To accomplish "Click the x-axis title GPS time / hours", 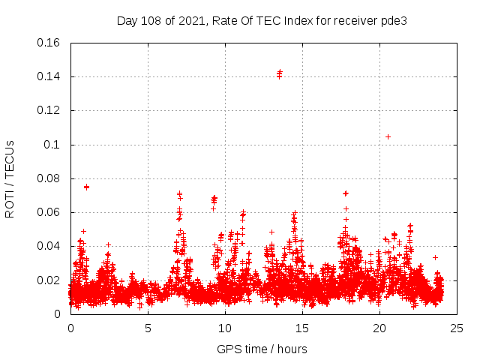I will pyautogui.click(x=262, y=349).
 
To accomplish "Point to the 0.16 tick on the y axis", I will pyautogui.click(x=50, y=43).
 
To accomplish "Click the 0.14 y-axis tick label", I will pyautogui.click(x=50, y=76).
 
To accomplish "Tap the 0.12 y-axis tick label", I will pyautogui.click(x=50, y=110).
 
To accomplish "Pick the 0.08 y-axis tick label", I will pyautogui.click(x=50, y=178).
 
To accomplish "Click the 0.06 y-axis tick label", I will pyautogui.click(x=50, y=212).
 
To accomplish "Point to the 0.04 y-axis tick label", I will pyautogui.click(x=50, y=246).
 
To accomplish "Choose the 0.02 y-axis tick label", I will pyautogui.click(x=50, y=280).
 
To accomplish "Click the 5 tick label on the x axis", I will pyautogui.click(x=148, y=328).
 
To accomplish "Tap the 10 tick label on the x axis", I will pyautogui.click(x=224, y=328).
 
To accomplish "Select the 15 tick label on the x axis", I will pyautogui.click(x=301, y=328).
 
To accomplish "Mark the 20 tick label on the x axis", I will pyautogui.click(x=379, y=328).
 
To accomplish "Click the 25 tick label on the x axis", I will pyautogui.click(x=456, y=328).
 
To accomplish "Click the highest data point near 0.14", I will pyautogui.click(x=280, y=72).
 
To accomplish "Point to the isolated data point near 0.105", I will pyautogui.click(x=388, y=136).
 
